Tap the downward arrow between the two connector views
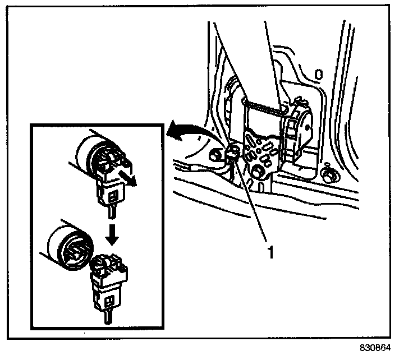113,235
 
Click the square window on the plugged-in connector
114,196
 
